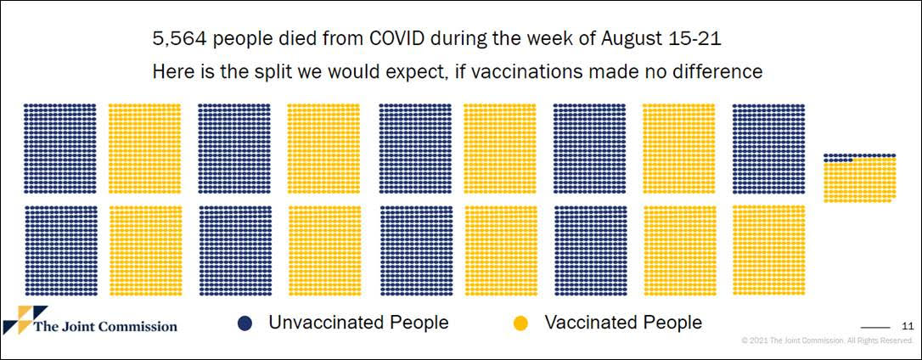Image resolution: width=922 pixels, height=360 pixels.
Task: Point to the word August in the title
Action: tap(637, 40)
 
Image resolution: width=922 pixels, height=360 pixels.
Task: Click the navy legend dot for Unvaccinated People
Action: tap(245, 323)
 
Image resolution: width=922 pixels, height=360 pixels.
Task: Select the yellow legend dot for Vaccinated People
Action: tap(520, 323)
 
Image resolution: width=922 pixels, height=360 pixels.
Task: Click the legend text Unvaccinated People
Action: tap(358, 323)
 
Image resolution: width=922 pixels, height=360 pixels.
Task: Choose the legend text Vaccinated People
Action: tap(623, 323)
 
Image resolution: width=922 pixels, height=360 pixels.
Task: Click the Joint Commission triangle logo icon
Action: tap(25, 319)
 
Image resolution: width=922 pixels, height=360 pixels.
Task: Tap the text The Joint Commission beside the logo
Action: tap(106, 327)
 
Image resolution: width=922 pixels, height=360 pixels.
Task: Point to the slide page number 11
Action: tap(908, 326)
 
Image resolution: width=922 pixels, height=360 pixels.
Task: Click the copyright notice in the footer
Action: tap(827, 340)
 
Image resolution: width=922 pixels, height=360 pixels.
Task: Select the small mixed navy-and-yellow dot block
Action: tap(859, 177)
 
